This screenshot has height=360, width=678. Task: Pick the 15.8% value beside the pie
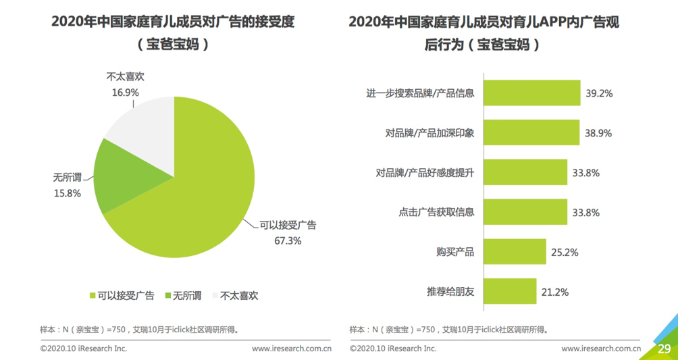click(68, 193)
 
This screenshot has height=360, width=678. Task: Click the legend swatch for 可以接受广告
click(93, 295)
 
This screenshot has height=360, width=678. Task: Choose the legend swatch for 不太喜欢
click(215, 295)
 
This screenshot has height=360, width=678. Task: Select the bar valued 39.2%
click(532, 93)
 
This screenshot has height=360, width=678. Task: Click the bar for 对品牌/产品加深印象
click(531, 132)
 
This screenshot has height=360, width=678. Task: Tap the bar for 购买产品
click(515, 252)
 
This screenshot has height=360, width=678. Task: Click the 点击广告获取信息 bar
click(525, 212)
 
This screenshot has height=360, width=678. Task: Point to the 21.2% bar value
click(555, 292)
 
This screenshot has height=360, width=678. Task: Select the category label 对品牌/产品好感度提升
click(425, 173)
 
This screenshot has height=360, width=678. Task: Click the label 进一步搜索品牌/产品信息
click(420, 93)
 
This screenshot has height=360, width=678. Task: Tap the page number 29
click(664, 349)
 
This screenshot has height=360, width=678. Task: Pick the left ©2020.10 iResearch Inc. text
click(84, 349)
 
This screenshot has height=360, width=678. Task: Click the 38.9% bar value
click(598, 133)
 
